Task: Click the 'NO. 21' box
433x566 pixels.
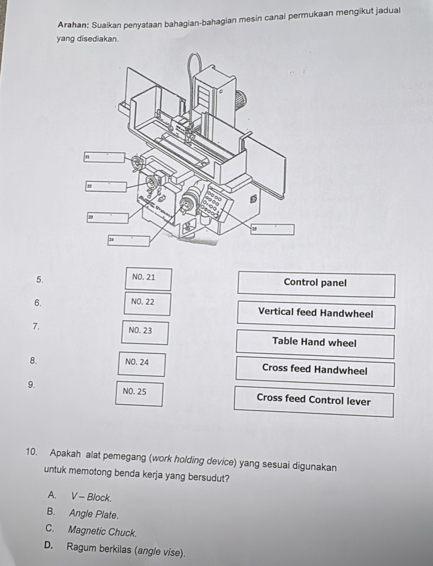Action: point(144,279)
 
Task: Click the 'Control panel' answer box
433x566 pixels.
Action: point(316,285)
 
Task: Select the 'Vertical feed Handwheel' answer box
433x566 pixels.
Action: point(316,315)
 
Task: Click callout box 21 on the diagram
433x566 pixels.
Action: point(104,157)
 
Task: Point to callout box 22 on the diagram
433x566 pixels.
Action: point(106,186)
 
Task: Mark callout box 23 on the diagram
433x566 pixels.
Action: point(107,217)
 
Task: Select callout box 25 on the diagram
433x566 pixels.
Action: point(273,229)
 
